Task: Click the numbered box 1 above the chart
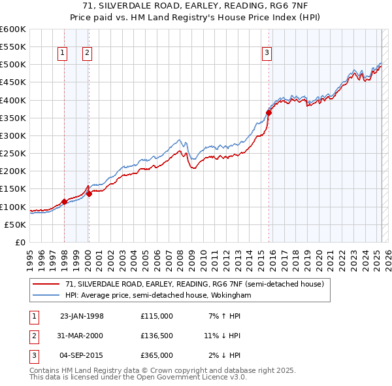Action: [x=63, y=54]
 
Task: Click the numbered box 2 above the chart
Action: [x=87, y=54]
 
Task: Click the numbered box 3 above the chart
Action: [x=267, y=54]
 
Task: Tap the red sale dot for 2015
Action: [x=269, y=113]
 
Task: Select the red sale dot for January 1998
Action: [x=64, y=202]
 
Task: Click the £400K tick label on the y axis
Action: [x=13, y=100]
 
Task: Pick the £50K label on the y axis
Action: [x=16, y=224]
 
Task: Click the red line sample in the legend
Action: [x=45, y=285]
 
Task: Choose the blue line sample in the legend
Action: [x=45, y=295]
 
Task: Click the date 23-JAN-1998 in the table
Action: [x=82, y=316]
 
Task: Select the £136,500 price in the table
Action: [x=156, y=336]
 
